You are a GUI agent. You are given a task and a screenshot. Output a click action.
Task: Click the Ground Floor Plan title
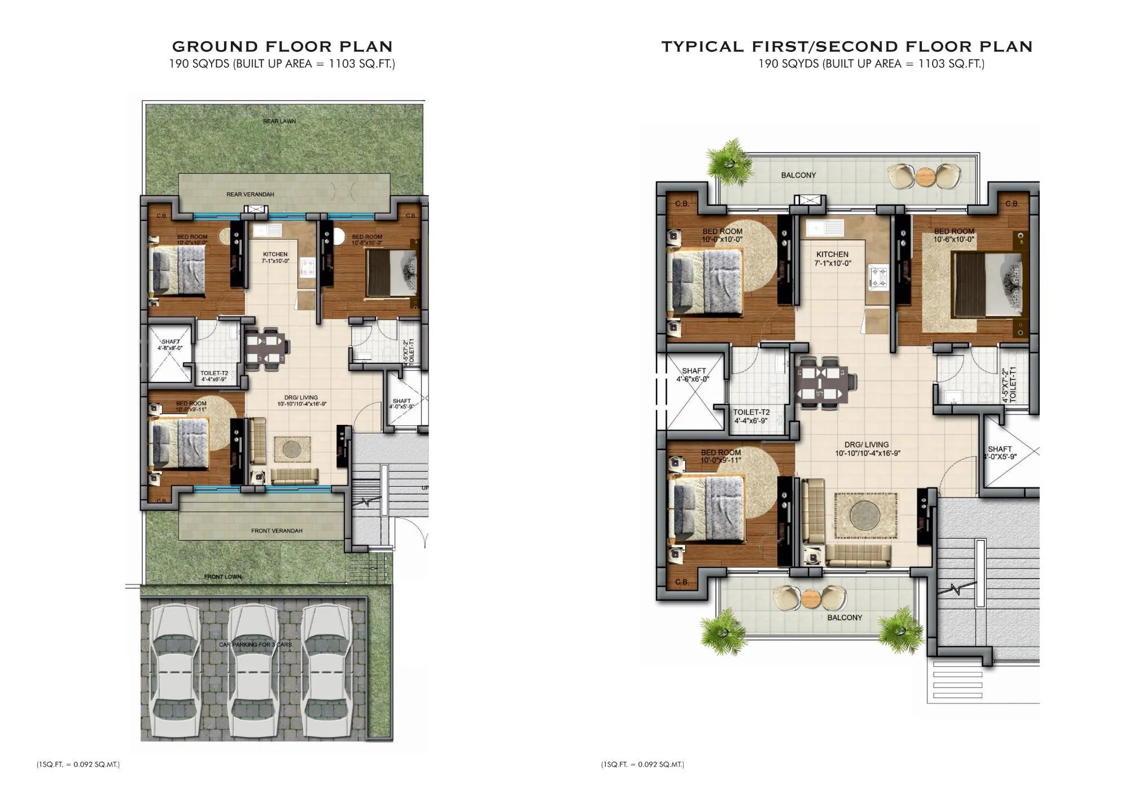click(x=282, y=46)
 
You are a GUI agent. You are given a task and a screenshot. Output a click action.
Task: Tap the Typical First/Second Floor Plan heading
click(x=847, y=46)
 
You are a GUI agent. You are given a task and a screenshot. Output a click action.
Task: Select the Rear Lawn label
click(x=279, y=121)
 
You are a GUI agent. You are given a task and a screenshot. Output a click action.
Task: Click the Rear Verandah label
click(x=250, y=195)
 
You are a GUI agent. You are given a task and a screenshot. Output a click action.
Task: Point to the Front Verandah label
click(x=277, y=531)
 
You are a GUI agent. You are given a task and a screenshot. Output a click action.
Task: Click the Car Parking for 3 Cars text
click(x=255, y=644)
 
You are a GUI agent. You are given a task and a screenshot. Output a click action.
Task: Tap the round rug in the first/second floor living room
click(x=865, y=515)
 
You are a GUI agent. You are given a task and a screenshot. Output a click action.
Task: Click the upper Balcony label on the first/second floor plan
click(x=798, y=175)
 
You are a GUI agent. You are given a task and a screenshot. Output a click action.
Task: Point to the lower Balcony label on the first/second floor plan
click(x=844, y=618)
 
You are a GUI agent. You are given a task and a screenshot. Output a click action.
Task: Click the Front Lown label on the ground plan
click(x=222, y=577)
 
